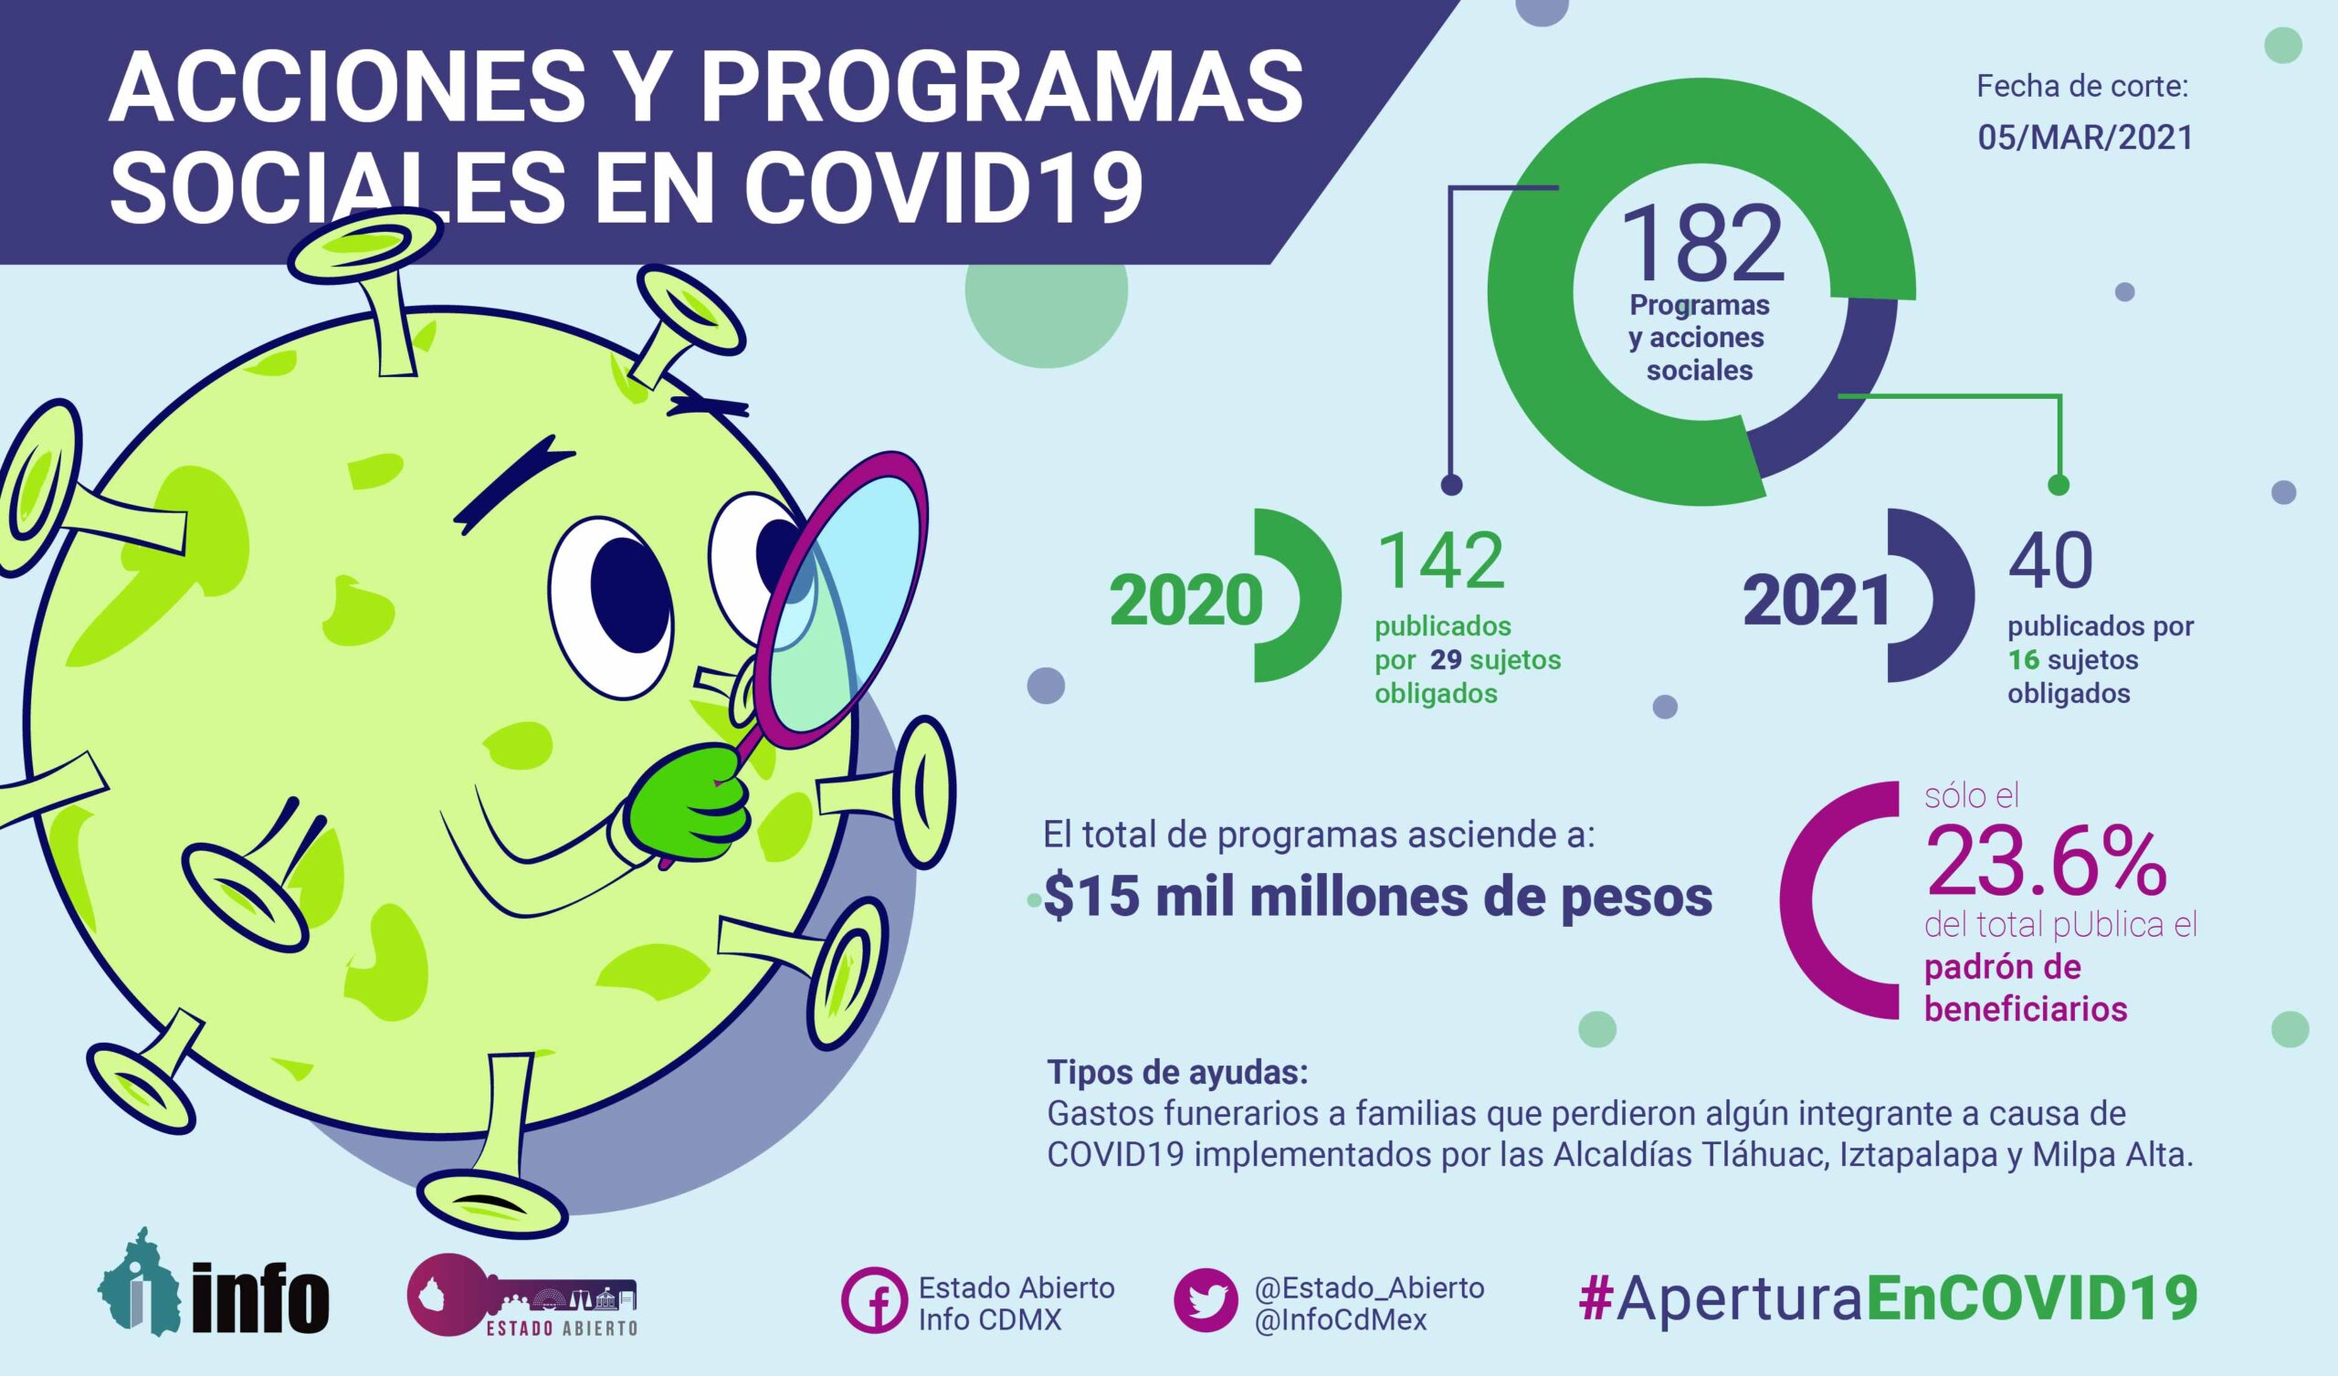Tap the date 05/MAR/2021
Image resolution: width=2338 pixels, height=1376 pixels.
[x=2085, y=137]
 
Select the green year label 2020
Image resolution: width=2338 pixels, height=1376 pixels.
[x=1185, y=601]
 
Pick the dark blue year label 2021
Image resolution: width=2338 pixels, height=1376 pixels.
[x=1817, y=601]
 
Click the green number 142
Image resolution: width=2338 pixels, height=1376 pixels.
[x=1441, y=562]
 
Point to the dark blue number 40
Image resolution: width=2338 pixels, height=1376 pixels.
[x=2050, y=562]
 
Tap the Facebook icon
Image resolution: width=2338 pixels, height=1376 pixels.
[x=873, y=1300]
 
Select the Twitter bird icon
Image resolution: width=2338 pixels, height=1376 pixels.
[x=1206, y=1300]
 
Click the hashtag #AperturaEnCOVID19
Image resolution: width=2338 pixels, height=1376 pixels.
[x=1887, y=1297]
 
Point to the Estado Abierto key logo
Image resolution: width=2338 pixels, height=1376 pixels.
[x=521, y=1296]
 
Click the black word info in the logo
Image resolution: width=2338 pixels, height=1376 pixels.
[x=260, y=1299]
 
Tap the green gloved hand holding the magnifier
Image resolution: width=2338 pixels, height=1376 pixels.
[x=691, y=804]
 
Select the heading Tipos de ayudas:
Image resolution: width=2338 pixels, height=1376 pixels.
[x=1177, y=1073]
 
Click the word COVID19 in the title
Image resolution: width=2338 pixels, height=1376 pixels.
[x=943, y=186]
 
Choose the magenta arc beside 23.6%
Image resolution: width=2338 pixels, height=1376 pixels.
[x=1805, y=900]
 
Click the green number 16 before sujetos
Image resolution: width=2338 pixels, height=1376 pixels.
[x=2023, y=660]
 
